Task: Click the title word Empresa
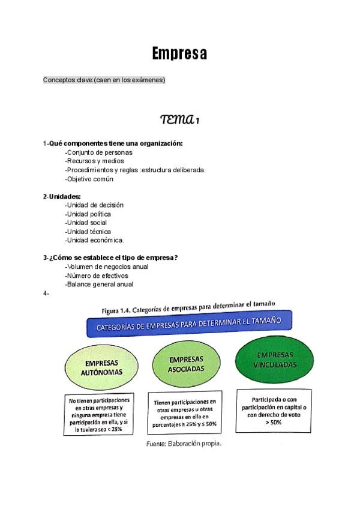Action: pos(179,53)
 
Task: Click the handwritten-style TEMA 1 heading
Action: pos(179,119)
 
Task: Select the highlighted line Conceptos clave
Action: pos(104,80)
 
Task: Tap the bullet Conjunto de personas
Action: pos(99,152)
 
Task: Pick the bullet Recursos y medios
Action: pos(95,161)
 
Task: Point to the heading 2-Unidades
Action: pos(62,196)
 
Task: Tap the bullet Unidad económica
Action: pos(94,240)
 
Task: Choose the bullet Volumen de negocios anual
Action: pos(107,267)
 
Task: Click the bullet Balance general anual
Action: pos(99,285)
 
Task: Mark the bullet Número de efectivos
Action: pos(97,276)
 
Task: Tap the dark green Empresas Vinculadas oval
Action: pos(274,359)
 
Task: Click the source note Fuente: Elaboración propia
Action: pos(184,444)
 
